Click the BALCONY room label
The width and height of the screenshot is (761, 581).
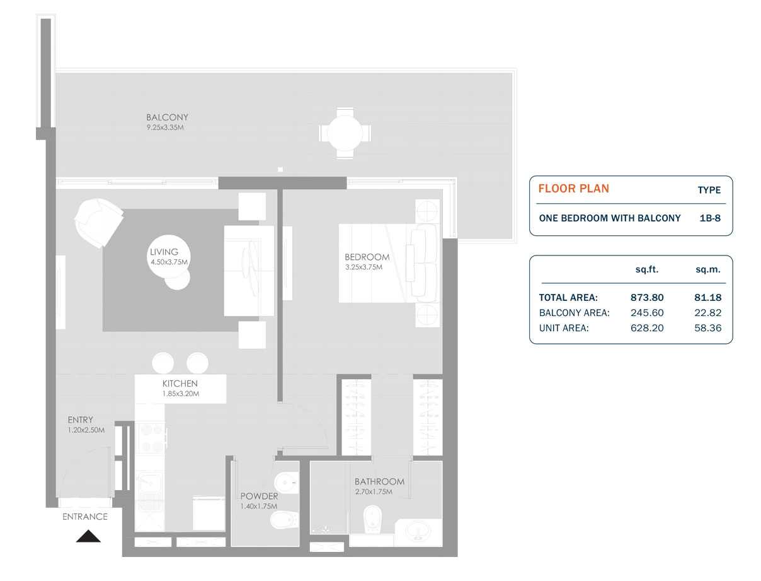tap(167, 117)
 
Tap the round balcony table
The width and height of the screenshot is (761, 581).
tap(345, 133)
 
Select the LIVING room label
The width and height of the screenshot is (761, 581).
tap(164, 252)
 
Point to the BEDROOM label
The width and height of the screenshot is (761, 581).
tap(367, 257)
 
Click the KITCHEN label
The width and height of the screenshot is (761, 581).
tap(180, 384)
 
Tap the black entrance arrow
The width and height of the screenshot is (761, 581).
tap(88, 536)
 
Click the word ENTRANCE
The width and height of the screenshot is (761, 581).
tap(85, 517)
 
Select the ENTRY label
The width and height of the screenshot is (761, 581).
tap(81, 420)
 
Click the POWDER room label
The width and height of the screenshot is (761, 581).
tap(258, 496)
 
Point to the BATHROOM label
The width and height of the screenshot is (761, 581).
tap(379, 481)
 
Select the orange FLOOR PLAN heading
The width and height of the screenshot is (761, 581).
tap(573, 189)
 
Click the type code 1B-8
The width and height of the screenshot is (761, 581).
tap(710, 218)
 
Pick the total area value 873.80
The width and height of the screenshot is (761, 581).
tap(647, 298)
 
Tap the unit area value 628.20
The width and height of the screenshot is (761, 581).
tap(647, 328)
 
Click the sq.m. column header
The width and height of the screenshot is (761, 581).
tap(708, 269)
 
